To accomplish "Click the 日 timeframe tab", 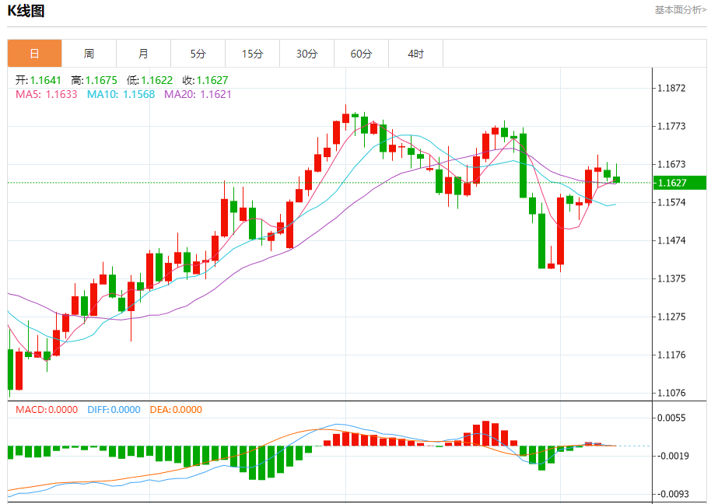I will pyautogui.click(x=34, y=54).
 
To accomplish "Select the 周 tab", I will pyautogui.click(x=89, y=54).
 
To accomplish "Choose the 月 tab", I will pyautogui.click(x=143, y=54).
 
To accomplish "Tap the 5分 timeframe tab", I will pyautogui.click(x=198, y=54).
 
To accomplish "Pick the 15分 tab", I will pyautogui.click(x=252, y=54).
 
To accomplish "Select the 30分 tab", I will pyautogui.click(x=306, y=54).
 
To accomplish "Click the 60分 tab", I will pyautogui.click(x=361, y=54).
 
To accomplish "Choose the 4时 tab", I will pyautogui.click(x=415, y=54).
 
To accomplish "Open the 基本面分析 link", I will pyautogui.click(x=680, y=10).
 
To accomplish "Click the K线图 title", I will pyautogui.click(x=26, y=11).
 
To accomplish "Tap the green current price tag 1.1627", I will pyautogui.click(x=679, y=183).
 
